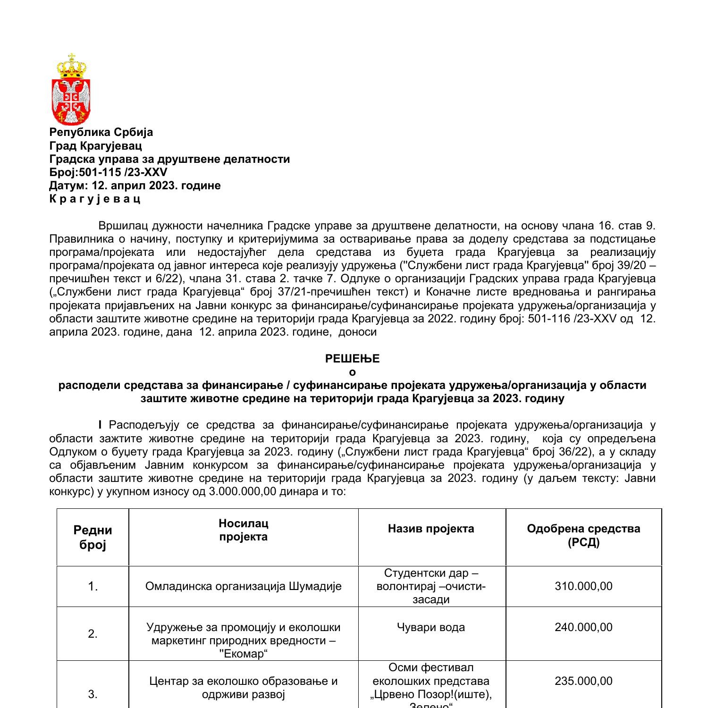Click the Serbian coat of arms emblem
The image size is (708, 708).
click(72, 89)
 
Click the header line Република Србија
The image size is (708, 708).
click(101, 132)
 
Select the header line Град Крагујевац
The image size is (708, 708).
click(95, 145)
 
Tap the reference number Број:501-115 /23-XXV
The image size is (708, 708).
click(108, 172)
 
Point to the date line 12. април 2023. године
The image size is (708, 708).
click(135, 185)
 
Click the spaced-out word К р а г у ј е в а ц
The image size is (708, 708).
click(95, 199)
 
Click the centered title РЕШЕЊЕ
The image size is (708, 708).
click(352, 359)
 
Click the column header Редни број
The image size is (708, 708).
click(93, 537)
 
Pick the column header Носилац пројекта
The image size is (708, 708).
click(243, 530)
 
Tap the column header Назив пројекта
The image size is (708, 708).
click(431, 528)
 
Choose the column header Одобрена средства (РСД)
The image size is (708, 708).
click(583, 535)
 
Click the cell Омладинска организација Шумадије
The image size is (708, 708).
click(243, 586)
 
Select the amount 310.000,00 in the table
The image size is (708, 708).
click(583, 586)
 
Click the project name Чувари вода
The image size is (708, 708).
click(431, 627)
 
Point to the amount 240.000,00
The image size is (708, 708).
click(583, 627)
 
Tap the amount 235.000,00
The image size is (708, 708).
click(583, 681)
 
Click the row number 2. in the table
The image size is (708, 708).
click(93, 634)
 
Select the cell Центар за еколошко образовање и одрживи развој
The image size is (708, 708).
click(243, 688)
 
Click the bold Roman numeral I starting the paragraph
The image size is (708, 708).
click(100, 425)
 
